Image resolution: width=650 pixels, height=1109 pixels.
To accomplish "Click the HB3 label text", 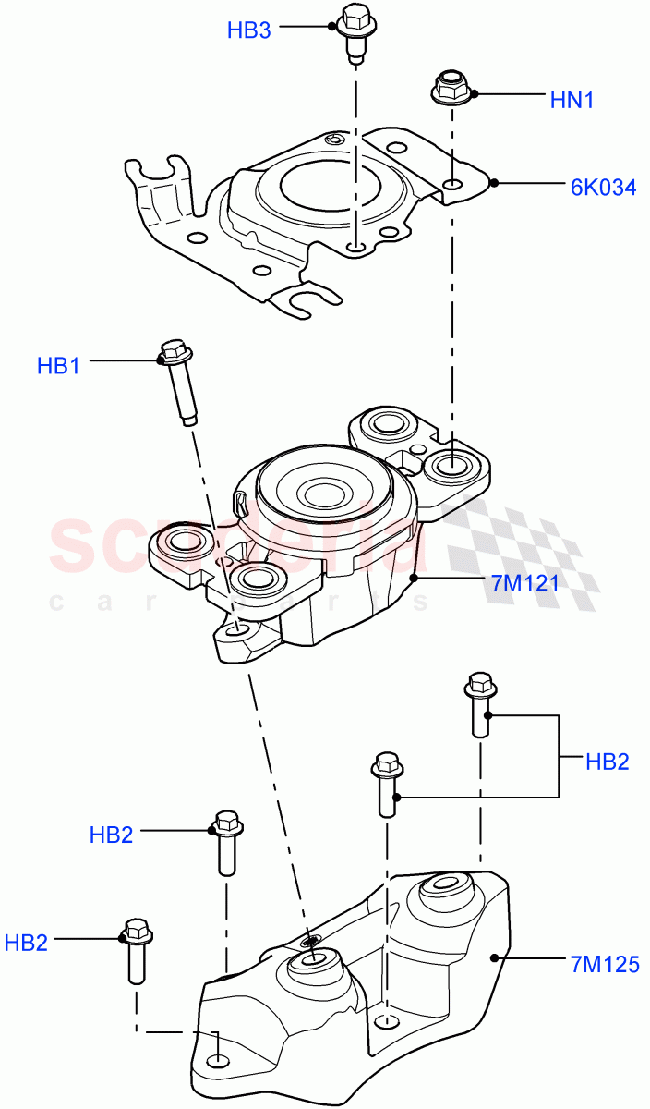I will click(x=248, y=30).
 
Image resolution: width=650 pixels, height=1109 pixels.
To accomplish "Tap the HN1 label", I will click(x=572, y=100).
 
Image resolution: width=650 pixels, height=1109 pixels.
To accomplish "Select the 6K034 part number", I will click(x=602, y=188).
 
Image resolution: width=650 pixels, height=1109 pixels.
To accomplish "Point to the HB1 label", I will click(x=58, y=366).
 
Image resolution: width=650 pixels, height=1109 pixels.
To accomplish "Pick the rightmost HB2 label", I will click(x=607, y=762).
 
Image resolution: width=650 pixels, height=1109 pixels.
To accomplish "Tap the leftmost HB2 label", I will click(x=26, y=944).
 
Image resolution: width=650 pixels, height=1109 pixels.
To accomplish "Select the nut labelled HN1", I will click(x=452, y=87).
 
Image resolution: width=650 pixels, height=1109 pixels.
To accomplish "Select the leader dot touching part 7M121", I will click(x=415, y=579).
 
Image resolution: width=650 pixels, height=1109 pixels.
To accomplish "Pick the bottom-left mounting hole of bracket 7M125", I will click(x=216, y=1060).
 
